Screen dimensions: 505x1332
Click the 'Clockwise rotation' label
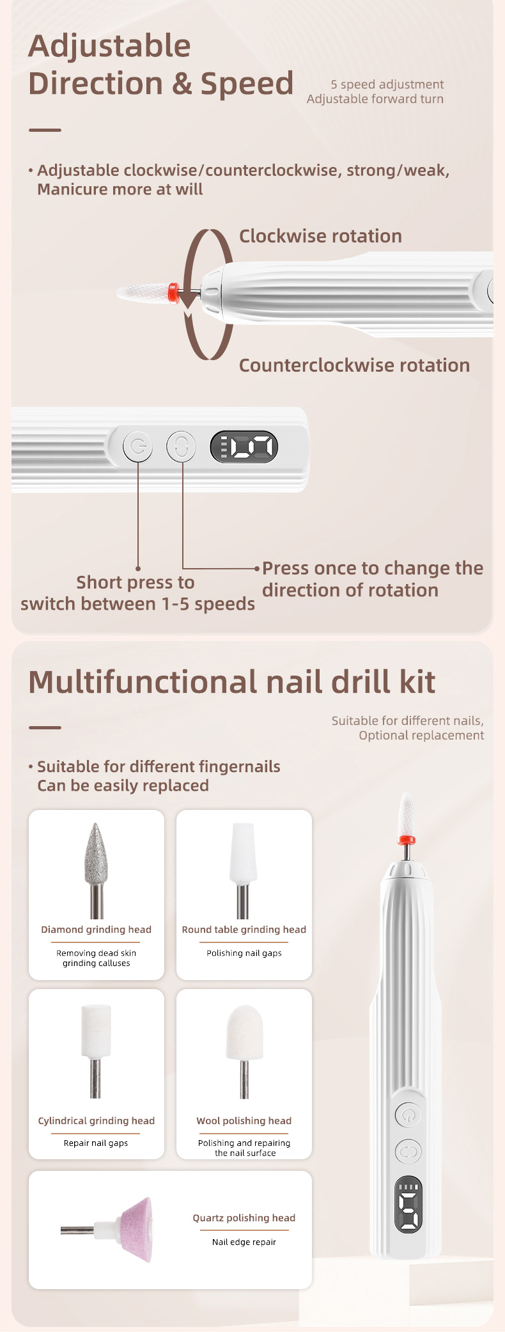point(320,236)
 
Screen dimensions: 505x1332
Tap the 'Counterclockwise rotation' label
point(354,365)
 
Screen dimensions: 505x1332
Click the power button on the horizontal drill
point(137,446)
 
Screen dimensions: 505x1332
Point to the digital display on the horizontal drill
point(244,447)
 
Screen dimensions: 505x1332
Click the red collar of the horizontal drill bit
point(173,292)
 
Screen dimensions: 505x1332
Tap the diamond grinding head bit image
point(96,870)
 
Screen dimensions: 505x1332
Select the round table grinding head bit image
point(243,870)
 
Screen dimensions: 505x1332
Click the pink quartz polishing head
point(136,1230)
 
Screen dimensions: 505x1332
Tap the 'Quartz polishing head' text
point(244,1218)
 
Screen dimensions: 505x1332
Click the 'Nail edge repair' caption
point(244,1242)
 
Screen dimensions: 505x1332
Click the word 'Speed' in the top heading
point(247,84)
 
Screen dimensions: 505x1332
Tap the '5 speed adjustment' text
point(387,84)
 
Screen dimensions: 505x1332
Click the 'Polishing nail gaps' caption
point(244,953)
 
